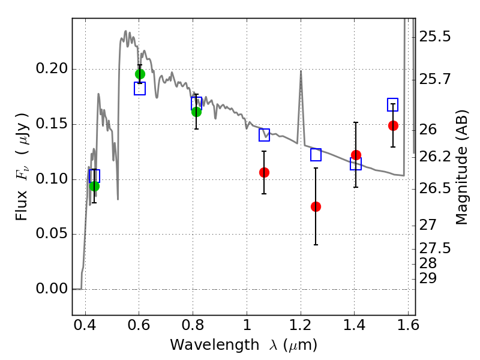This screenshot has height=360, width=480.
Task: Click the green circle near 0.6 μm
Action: pos(140,74)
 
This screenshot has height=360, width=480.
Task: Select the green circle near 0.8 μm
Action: pos(197,112)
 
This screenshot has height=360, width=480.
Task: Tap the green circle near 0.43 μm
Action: pos(95,186)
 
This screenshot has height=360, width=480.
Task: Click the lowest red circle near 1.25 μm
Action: pos(316,206)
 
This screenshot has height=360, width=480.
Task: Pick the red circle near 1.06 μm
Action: pos(264,172)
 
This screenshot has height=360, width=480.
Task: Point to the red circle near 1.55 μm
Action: pos(393,125)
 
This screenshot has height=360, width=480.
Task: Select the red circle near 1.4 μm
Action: pos(356,155)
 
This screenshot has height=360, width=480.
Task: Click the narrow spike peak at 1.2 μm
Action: pos(301,71)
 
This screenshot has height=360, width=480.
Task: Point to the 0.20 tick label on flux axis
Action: pos(52,68)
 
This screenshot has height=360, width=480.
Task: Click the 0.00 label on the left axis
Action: pos(52,289)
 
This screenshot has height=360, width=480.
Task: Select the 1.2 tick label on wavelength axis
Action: pos(301,325)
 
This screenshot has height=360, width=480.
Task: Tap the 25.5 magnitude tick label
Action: pos(435,37)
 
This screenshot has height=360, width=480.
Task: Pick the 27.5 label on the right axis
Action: pos(435,248)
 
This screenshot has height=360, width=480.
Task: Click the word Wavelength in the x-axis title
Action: pos(215,345)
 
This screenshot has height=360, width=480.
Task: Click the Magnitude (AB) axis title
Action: pos(461,167)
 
